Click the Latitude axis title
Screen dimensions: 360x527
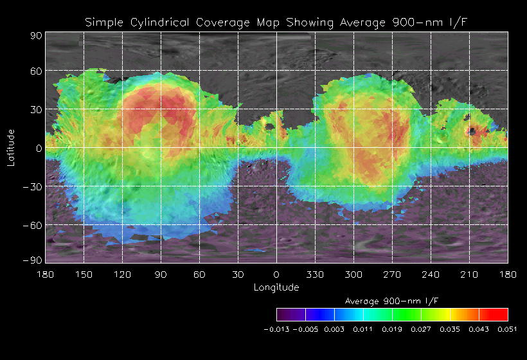coord(11,147)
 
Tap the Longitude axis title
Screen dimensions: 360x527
coord(276,287)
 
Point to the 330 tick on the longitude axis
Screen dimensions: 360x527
coord(316,274)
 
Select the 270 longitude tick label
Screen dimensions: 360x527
coord(393,274)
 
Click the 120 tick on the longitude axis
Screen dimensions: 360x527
coord(122,274)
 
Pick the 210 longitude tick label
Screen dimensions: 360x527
coord(470,274)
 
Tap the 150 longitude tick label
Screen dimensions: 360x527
coord(84,274)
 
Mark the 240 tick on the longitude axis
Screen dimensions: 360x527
coord(431,274)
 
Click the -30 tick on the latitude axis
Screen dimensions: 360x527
coord(33,186)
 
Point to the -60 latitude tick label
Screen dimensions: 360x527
coord(33,225)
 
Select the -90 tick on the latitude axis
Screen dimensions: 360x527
coord(33,260)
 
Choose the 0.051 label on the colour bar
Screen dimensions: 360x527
coord(508,329)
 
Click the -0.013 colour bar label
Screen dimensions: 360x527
coord(276,329)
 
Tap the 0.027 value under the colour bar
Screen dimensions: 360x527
coord(421,329)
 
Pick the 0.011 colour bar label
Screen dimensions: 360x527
coord(363,329)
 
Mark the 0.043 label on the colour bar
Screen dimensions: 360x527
coord(479,329)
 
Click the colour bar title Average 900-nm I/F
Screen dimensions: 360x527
coord(392,301)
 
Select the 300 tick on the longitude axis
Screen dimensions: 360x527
coord(354,274)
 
